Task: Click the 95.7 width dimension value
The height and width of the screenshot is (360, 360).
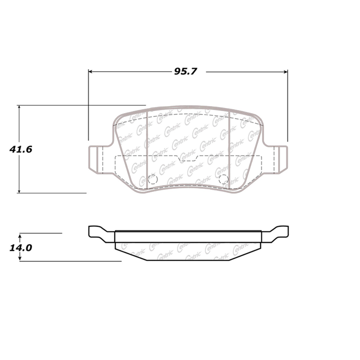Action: click(185, 71)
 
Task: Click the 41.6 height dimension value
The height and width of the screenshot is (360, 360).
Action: click(21, 149)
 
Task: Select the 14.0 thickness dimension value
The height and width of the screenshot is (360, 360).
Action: click(21, 248)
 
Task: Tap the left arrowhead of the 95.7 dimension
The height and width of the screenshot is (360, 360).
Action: click(90, 72)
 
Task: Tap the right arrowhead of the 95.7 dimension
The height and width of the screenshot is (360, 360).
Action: click(286, 72)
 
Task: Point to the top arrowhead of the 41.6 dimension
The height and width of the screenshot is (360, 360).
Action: click(19, 107)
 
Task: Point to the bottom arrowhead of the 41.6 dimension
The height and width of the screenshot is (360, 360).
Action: click(19, 191)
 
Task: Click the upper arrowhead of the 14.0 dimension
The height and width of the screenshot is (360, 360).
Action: click(20, 235)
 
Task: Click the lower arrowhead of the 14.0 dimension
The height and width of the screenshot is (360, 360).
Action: click(20, 259)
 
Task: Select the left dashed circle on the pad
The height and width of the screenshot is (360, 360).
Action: click(153, 179)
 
